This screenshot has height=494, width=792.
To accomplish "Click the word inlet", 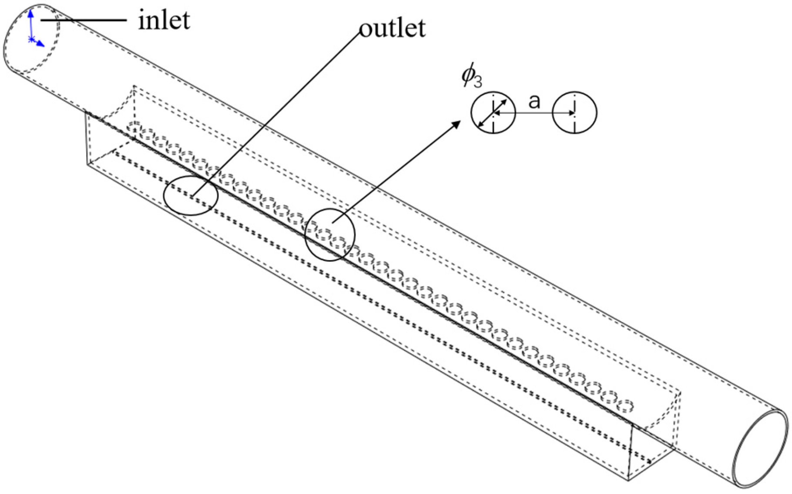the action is coord(164,20).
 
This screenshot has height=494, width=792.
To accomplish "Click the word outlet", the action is coord(392,29).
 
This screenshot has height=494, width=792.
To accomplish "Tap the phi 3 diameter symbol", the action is coord(472,77).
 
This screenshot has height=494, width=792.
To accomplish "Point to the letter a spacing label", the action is coord(534,101).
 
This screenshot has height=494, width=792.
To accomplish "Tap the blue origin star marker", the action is coord(31,40).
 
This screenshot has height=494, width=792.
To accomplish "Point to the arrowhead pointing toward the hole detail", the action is coord(456,124).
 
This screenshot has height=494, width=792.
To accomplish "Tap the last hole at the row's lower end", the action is coord(626,406).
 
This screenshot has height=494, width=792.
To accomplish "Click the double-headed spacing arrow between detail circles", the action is coord(534,113).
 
